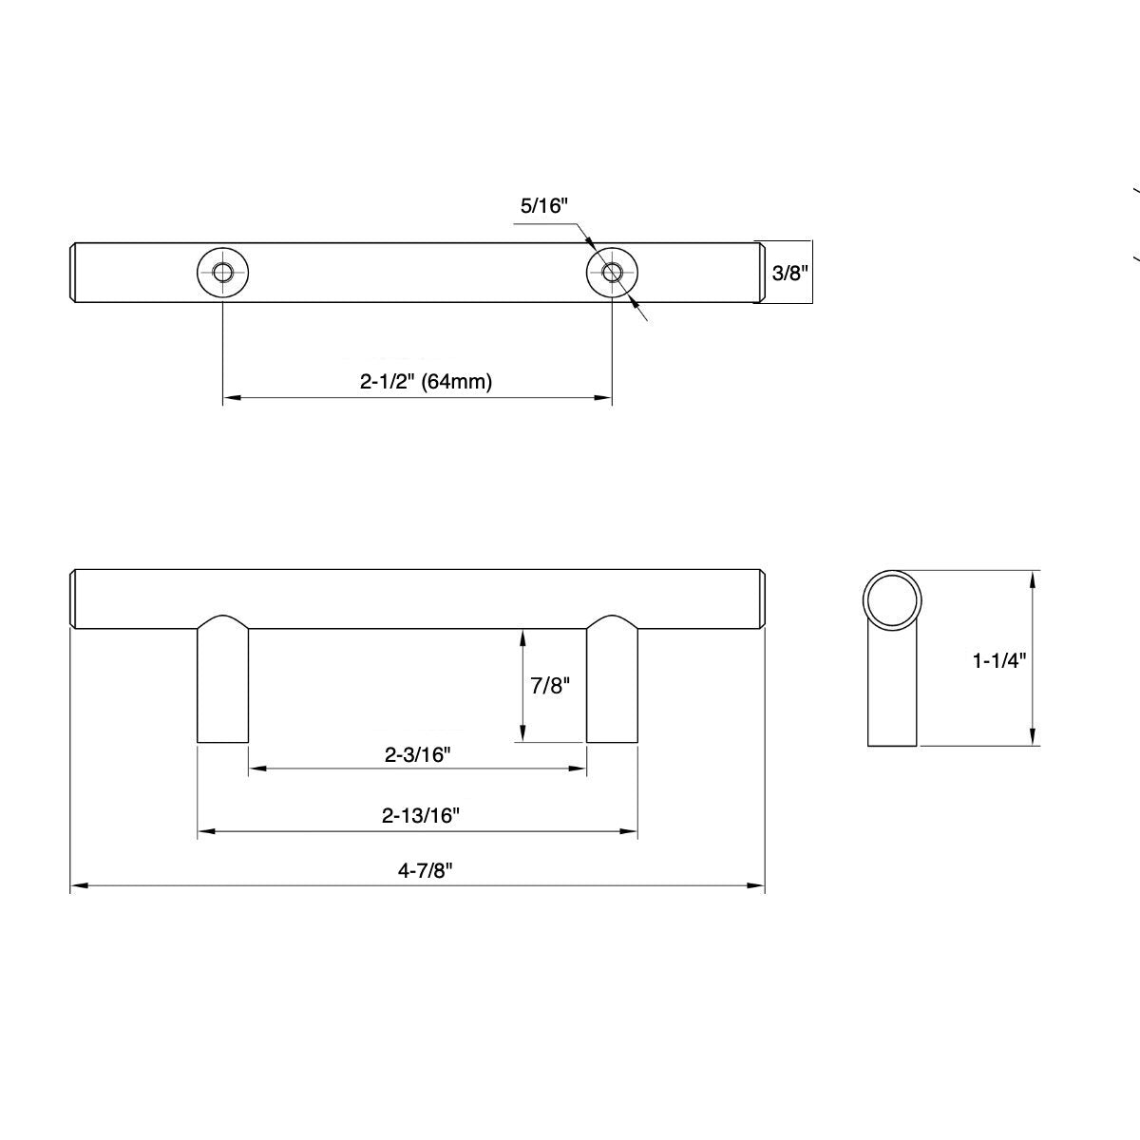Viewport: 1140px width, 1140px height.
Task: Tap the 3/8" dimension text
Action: tap(788, 273)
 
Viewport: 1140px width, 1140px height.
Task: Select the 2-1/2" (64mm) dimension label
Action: tap(426, 382)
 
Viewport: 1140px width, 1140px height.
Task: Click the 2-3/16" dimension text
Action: tap(416, 755)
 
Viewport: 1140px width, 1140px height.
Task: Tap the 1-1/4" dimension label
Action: tap(999, 660)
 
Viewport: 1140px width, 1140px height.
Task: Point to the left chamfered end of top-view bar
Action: tap(75, 273)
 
